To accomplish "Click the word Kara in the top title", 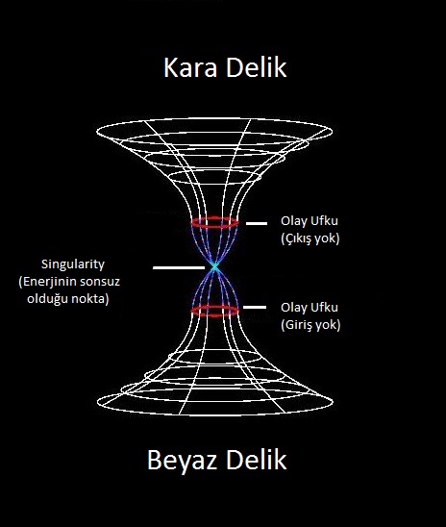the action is pyautogui.click(x=190, y=67).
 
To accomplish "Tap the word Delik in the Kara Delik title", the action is pyautogui.click(x=256, y=67).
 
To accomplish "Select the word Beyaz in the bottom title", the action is pyautogui.click(x=184, y=461).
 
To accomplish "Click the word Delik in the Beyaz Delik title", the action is pyautogui.click(x=256, y=460).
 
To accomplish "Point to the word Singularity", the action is pyautogui.click(x=72, y=264).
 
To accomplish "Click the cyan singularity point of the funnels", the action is pyautogui.click(x=214, y=267).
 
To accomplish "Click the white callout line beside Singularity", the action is pyautogui.click(x=179, y=268).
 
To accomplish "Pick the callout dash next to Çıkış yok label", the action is pyautogui.click(x=257, y=223).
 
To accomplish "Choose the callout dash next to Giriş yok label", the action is pyautogui.click(x=255, y=307).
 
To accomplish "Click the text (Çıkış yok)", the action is pyautogui.click(x=310, y=238).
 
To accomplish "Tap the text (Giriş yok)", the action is pyautogui.click(x=310, y=325).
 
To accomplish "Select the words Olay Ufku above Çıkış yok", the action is pyautogui.click(x=310, y=221).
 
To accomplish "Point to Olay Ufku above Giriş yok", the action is pyautogui.click(x=310, y=307).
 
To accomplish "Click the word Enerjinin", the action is pyautogui.click(x=46, y=282).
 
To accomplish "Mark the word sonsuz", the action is pyautogui.click(x=99, y=282).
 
